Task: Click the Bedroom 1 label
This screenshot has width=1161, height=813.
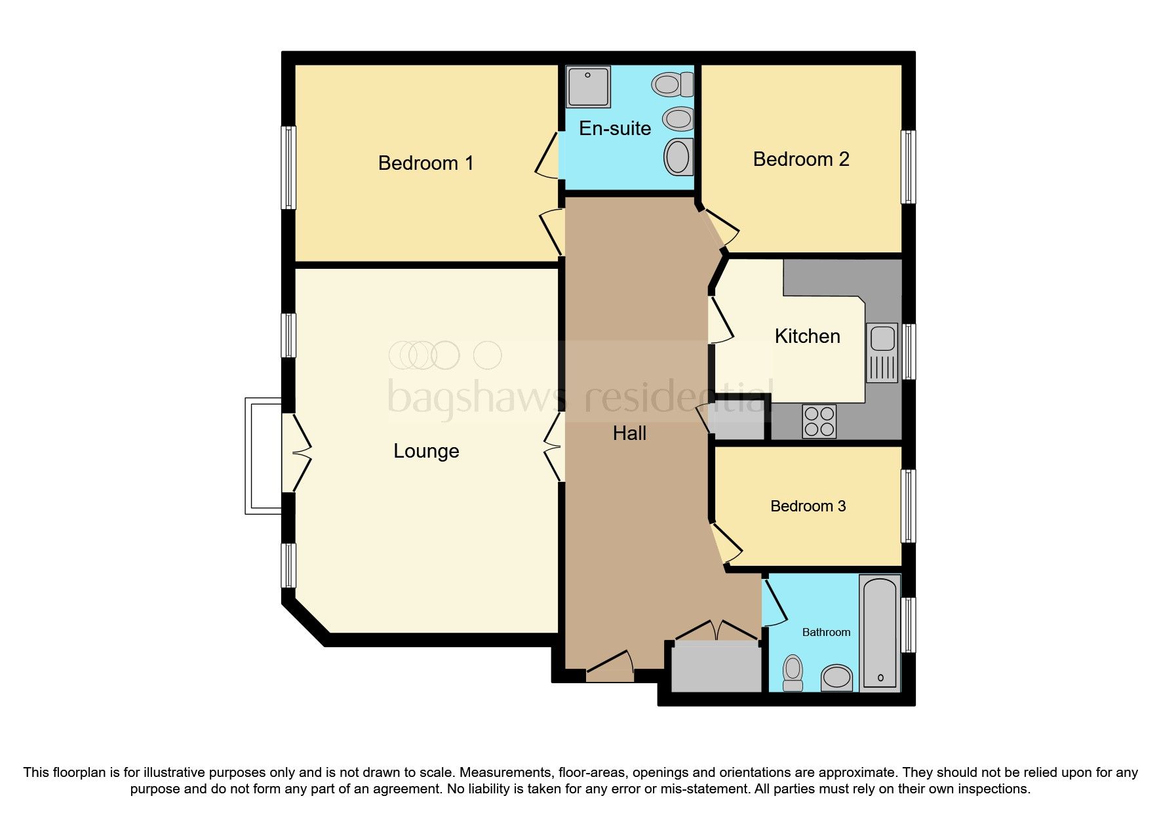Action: [x=425, y=163]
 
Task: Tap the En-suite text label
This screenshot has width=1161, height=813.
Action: [x=614, y=129]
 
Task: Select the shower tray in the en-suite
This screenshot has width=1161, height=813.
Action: [x=588, y=87]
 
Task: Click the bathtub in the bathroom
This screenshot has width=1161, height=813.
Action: [x=880, y=633]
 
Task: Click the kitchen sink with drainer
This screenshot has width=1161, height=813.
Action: [x=882, y=352]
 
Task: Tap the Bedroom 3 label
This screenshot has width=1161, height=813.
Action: [x=808, y=506]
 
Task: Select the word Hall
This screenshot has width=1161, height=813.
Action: [x=629, y=433]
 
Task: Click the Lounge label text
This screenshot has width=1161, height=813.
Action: [x=426, y=451]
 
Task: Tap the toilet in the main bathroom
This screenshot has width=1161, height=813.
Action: [x=793, y=673]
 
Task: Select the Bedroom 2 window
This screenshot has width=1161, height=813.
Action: [x=908, y=167]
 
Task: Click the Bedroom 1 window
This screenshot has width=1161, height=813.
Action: [x=288, y=168]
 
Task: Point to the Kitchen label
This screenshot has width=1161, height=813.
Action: [x=807, y=336]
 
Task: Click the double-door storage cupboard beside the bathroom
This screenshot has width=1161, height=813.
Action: [x=716, y=665]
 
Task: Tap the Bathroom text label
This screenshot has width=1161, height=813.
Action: [x=826, y=633]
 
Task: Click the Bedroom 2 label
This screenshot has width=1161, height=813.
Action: [x=800, y=159]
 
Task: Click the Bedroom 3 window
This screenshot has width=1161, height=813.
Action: [x=908, y=506]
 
